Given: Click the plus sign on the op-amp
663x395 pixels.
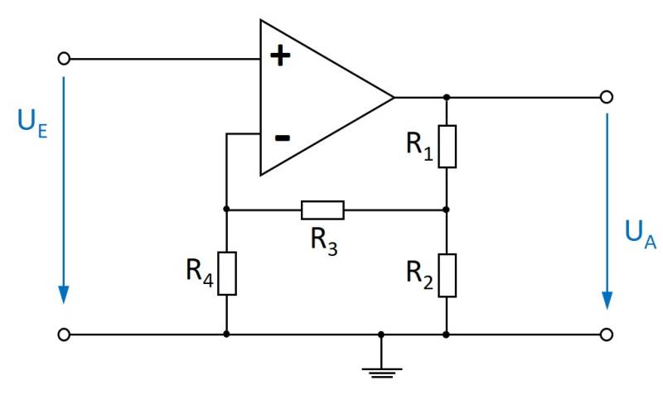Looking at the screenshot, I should pos(282,56).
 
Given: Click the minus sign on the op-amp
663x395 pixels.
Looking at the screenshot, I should pos(282,137).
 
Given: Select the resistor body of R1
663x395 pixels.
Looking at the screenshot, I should pos(447,146).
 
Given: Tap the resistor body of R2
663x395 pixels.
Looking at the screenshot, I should pos(447,275).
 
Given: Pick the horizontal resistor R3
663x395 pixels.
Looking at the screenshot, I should pos(322,210).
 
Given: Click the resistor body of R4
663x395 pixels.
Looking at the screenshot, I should pos(226,273).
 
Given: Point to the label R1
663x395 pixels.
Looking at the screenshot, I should pos(419,146).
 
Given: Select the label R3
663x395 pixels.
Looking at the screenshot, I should pos(323,239).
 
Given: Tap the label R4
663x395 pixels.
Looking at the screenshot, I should pos(200,273).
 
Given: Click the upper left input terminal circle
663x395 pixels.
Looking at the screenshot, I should pos(65,59).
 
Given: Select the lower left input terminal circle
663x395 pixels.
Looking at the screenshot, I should pos(65,335).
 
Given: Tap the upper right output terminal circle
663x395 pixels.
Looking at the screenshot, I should pos(607,97).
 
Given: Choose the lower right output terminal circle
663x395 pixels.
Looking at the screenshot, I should pos(607,335).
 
